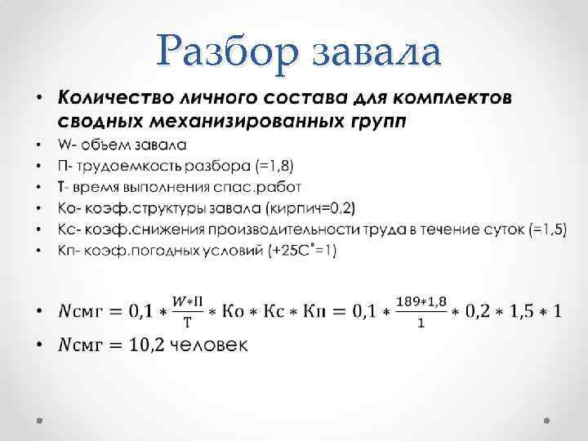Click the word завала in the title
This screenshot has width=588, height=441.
pos(376,53)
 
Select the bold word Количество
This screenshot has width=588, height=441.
pos(113,99)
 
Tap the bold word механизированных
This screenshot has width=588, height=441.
pos(243,122)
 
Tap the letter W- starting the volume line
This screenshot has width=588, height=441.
pos(65,145)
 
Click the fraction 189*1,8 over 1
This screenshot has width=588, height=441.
pos(421,311)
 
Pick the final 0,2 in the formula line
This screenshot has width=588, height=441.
pos(477,311)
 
